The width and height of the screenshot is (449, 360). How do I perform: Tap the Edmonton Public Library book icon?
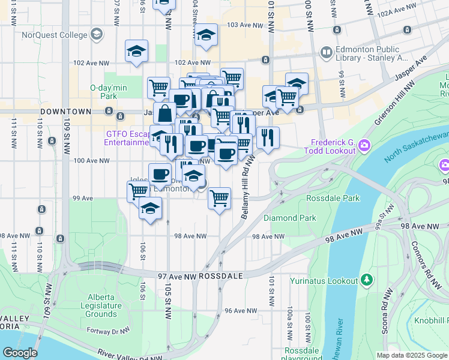pos(326,53)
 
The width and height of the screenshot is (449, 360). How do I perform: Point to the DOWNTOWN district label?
pos(66,112)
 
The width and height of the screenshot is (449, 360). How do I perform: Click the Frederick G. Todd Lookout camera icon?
pos(364,145)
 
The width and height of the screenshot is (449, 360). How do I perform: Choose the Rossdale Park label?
pos(333,197)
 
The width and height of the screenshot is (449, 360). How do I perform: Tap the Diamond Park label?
pos(289,218)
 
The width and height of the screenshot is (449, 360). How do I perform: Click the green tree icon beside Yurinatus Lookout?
pos(366,280)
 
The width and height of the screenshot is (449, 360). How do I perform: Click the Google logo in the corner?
pos(19,353)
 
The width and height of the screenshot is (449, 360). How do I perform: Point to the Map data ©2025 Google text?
pos(411,355)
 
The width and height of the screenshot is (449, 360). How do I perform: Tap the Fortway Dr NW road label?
pos(109,330)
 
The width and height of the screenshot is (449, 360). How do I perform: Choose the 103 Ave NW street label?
pos(246,26)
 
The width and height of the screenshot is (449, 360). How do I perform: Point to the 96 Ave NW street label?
pos(241,311)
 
